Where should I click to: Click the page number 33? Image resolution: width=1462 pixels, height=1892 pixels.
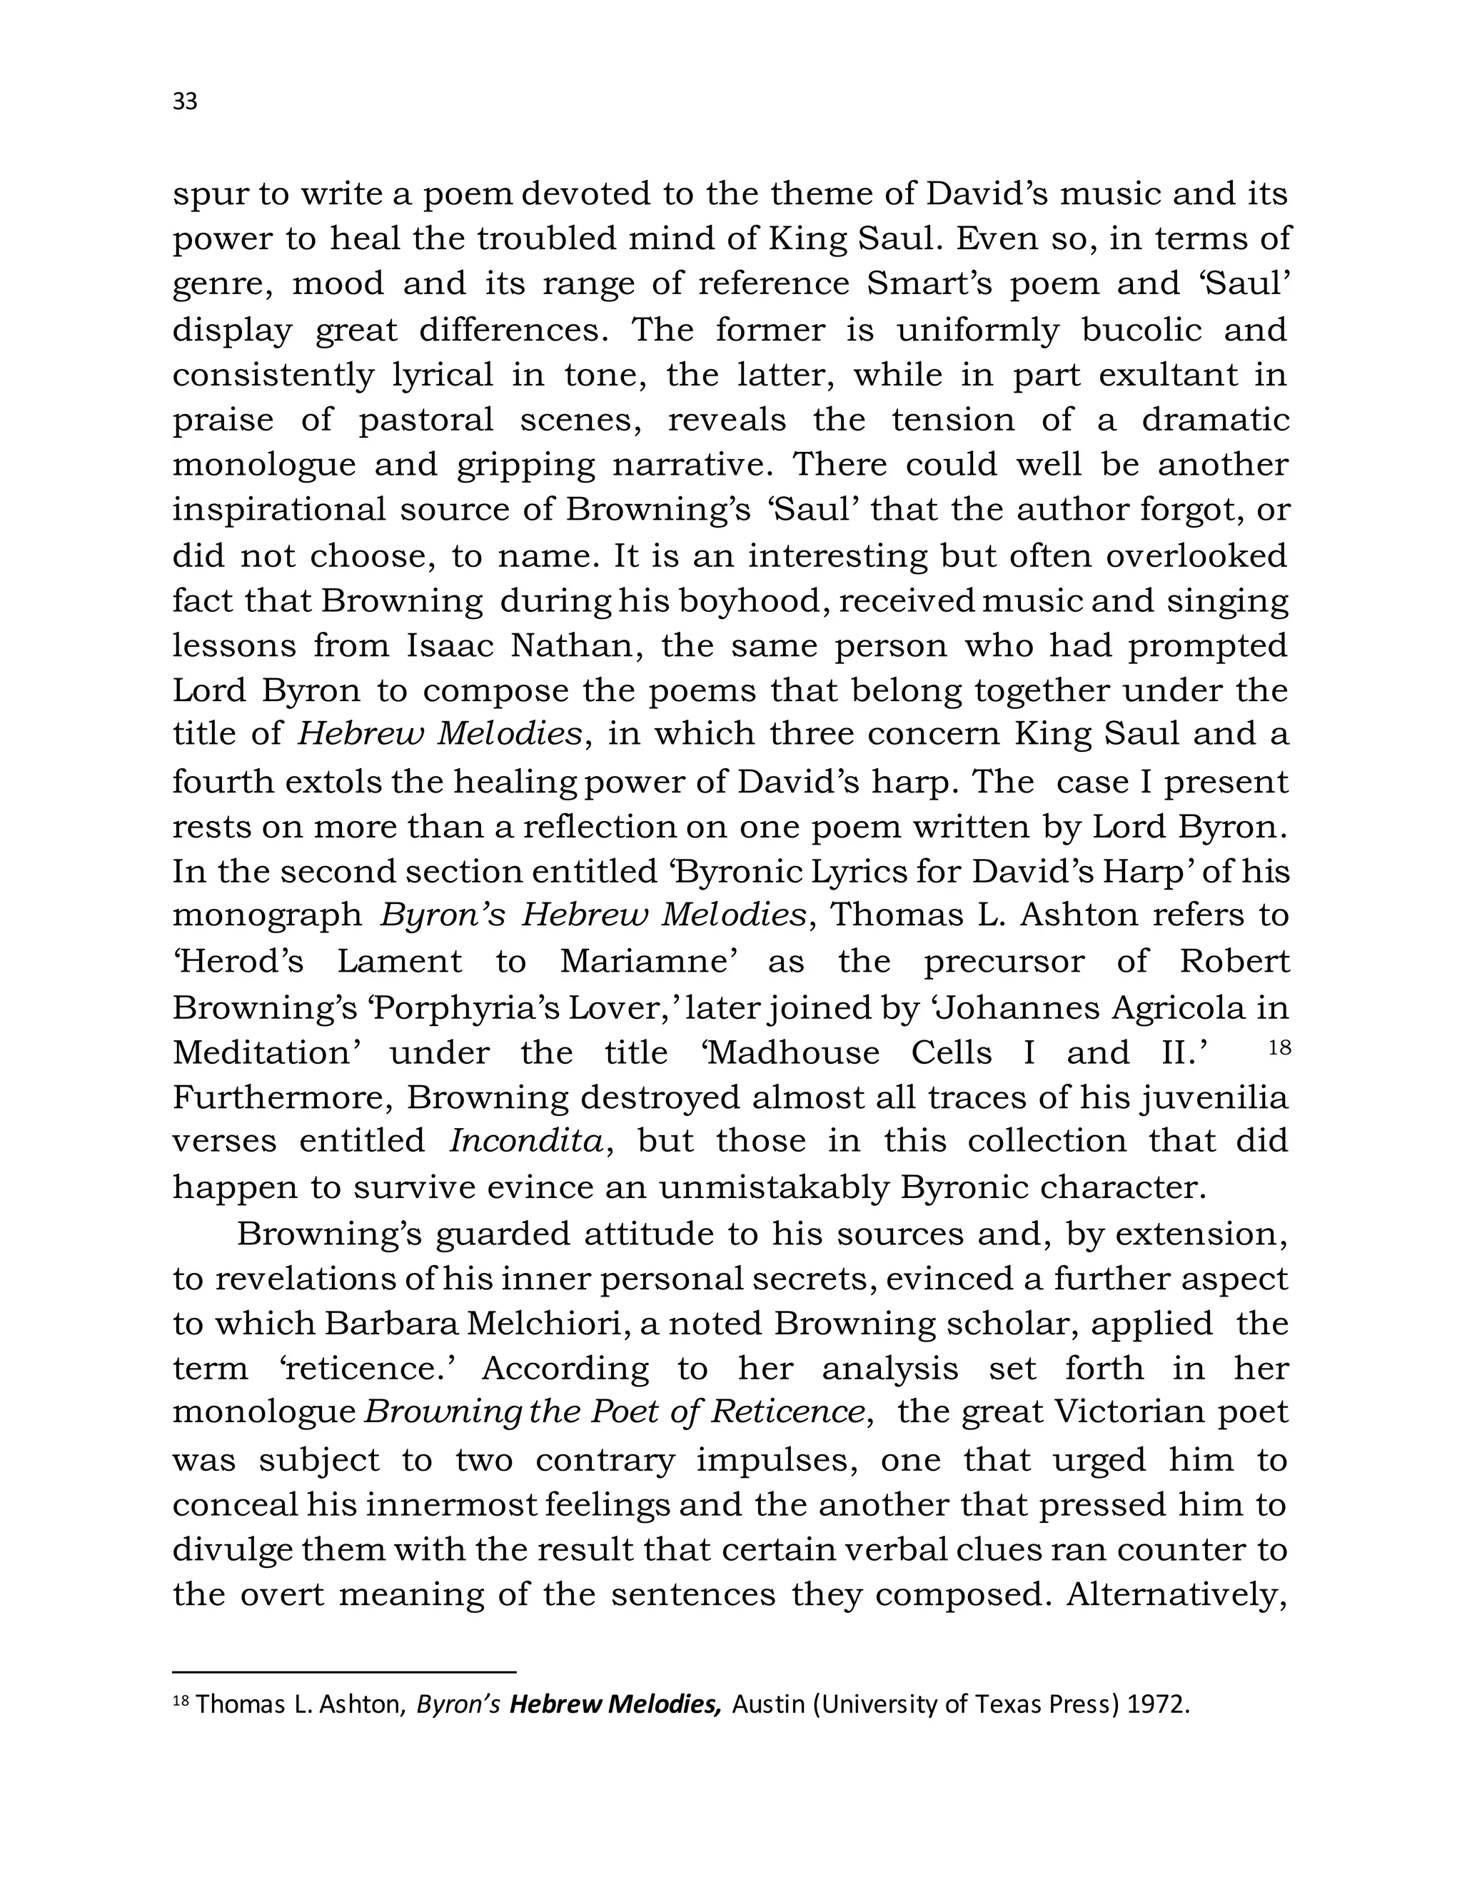click(186, 102)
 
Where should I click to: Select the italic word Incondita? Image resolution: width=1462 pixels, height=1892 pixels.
click(525, 1141)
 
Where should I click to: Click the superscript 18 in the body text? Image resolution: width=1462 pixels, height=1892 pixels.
click(1279, 1048)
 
